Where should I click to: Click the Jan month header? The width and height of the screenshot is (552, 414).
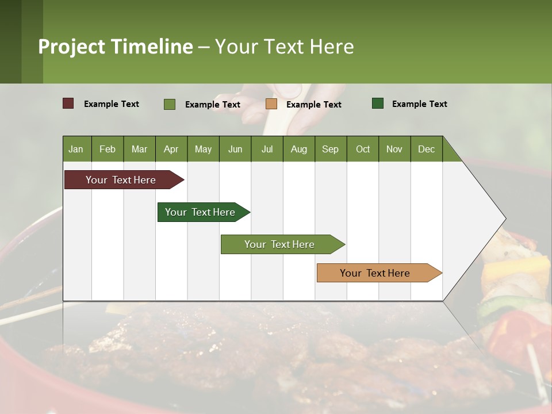tap(76, 149)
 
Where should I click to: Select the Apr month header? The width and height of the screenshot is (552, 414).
tap(171, 149)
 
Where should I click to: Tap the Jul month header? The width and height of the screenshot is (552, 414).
tap(267, 149)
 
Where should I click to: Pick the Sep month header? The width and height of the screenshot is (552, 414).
tap(330, 149)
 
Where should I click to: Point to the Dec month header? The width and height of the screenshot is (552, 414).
tap(426, 149)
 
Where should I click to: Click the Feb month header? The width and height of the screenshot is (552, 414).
tap(108, 149)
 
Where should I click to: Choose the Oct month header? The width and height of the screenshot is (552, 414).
tap(363, 149)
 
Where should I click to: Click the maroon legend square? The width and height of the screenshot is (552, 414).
tap(68, 103)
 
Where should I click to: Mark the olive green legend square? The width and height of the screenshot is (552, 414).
tap(170, 104)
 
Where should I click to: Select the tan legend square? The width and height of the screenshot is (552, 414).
tap(271, 103)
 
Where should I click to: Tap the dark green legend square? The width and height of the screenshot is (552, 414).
tap(378, 103)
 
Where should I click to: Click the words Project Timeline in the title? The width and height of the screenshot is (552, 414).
tap(115, 47)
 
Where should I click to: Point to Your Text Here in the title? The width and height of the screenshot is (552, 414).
tap(284, 47)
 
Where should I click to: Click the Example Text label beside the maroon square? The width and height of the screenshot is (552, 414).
tap(112, 104)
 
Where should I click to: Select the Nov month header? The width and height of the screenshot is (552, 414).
tap(394, 149)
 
